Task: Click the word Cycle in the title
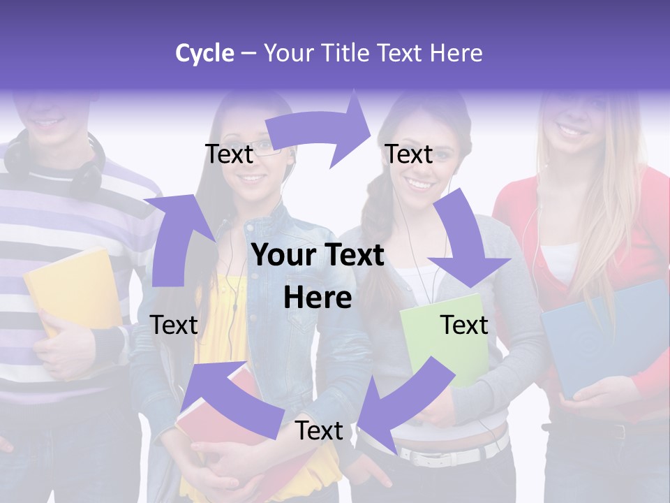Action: click(204, 53)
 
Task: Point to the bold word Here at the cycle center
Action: click(318, 298)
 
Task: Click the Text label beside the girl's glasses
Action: click(229, 154)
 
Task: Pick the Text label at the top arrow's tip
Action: click(409, 154)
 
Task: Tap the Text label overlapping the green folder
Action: click(463, 325)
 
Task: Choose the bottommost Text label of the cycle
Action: click(319, 431)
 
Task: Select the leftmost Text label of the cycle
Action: click(174, 325)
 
